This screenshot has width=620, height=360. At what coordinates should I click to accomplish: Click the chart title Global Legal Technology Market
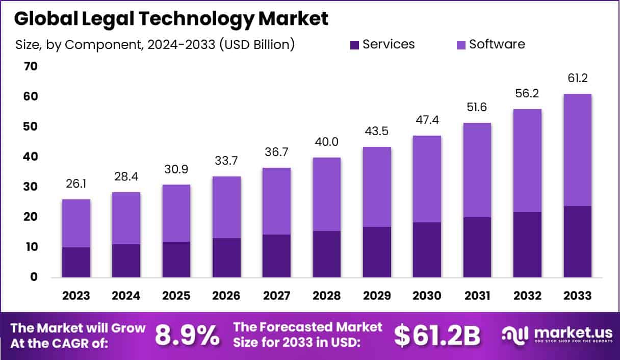click(171, 18)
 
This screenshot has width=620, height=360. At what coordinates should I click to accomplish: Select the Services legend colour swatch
click(354, 44)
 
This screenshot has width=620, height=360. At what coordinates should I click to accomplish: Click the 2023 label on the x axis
click(76, 296)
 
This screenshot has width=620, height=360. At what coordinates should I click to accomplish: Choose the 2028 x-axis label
click(327, 296)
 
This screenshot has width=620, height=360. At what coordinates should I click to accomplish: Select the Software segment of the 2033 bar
click(578, 150)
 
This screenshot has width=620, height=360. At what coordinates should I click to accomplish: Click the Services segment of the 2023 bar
click(76, 262)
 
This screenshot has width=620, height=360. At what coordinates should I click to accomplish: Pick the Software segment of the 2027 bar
click(277, 201)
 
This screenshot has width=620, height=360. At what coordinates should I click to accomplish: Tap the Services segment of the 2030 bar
click(427, 250)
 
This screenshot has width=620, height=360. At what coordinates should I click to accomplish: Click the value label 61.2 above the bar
click(578, 79)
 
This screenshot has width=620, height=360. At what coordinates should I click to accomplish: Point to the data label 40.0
click(327, 142)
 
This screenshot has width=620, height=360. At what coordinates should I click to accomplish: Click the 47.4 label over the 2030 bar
click(427, 120)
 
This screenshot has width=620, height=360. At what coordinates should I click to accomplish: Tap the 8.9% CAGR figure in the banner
click(187, 335)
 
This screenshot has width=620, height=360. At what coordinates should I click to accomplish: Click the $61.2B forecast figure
click(437, 335)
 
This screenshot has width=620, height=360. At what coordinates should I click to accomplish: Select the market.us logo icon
click(515, 335)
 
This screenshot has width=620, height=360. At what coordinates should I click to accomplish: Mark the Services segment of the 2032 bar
click(527, 245)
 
